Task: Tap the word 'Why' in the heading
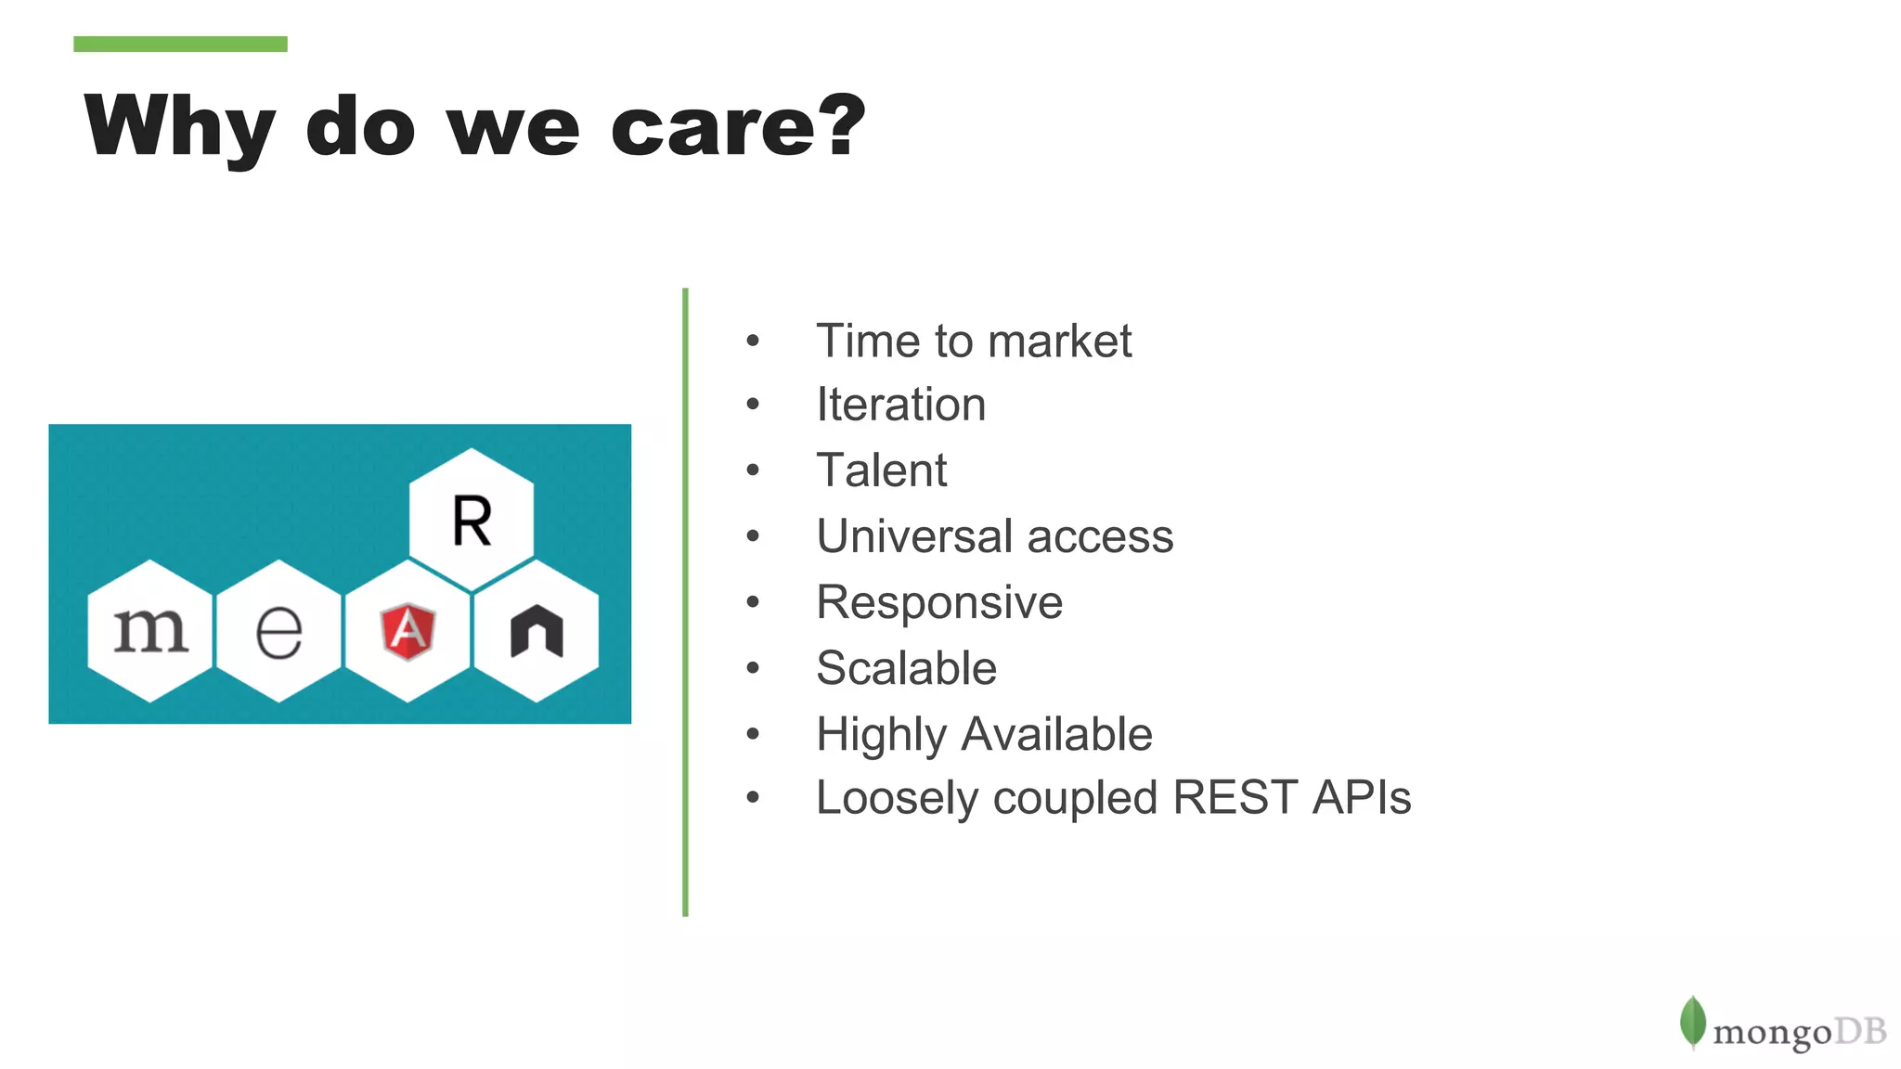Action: (179, 127)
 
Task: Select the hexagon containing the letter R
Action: (472, 519)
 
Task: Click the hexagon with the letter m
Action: (150, 631)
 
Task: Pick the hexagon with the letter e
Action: (278, 632)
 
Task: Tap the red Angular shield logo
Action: (407, 632)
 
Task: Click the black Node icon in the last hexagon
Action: (537, 632)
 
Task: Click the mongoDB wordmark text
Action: (1799, 1031)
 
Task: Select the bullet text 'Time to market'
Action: (973, 341)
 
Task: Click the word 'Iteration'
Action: (900, 405)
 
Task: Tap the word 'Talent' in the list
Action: (881, 470)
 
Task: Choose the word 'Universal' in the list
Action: (914, 535)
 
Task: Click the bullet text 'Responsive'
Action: (938, 602)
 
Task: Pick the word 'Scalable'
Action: (906, 668)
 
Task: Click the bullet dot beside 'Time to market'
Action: (753, 341)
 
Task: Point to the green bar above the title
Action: (180, 44)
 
